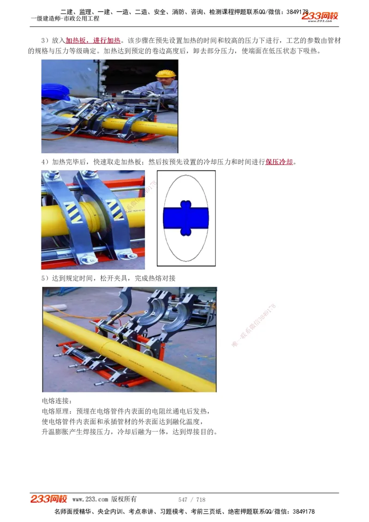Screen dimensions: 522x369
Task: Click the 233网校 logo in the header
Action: tap(320, 17)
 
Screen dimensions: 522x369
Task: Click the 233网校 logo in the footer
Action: tap(49, 499)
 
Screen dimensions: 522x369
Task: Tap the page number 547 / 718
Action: tap(192, 499)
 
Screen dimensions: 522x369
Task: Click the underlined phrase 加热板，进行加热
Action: tap(93, 41)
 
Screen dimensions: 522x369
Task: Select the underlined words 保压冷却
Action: tap(279, 162)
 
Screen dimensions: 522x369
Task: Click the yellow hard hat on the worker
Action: tap(165, 74)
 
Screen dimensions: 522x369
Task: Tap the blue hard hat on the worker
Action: tap(54, 90)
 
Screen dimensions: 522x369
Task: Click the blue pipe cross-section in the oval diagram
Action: tap(186, 218)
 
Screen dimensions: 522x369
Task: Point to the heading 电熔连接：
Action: tap(57, 401)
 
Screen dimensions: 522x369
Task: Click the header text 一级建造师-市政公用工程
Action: tap(65, 19)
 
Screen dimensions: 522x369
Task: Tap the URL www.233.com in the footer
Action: tap(90, 499)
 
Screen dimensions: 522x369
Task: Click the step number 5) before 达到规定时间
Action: tap(45, 278)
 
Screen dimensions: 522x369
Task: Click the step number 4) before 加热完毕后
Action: tap(45, 162)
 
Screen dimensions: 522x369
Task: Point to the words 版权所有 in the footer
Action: tap(124, 499)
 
